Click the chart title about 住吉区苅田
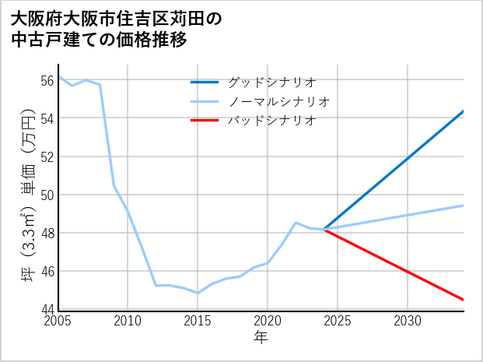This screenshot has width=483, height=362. pyautogui.click(x=117, y=29)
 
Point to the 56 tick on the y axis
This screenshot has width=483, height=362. pyautogui.click(x=47, y=80)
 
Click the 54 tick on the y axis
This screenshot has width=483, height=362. pyautogui.click(x=47, y=118)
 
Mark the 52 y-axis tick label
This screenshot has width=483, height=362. pyautogui.click(x=47, y=156)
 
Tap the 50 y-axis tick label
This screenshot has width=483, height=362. pyautogui.click(x=47, y=195)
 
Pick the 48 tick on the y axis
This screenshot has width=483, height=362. pyautogui.click(x=47, y=233)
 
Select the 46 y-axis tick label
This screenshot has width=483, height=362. pyautogui.click(x=47, y=271)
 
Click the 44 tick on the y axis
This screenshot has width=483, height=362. pyautogui.click(x=47, y=309)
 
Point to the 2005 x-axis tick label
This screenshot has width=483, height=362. pyautogui.click(x=58, y=321)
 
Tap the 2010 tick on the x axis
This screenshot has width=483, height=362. pyautogui.click(x=128, y=321)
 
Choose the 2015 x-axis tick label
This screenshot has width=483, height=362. pyautogui.click(x=198, y=321)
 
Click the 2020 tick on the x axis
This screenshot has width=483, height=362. pyautogui.click(x=268, y=321)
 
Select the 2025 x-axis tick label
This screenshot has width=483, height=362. pyautogui.click(x=338, y=321)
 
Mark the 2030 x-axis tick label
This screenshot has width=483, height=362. pyautogui.click(x=408, y=321)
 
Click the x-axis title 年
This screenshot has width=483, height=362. pyautogui.click(x=261, y=338)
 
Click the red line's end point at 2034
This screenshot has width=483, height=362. pyautogui.click(x=464, y=300)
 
